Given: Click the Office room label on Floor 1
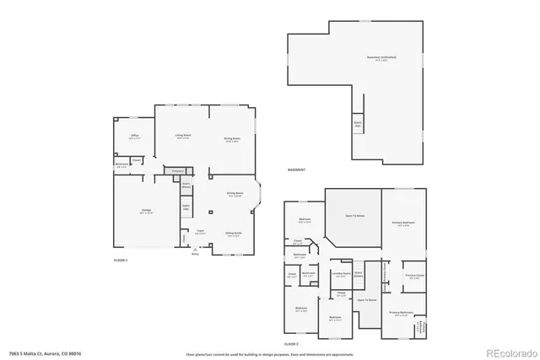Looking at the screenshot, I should (x=134, y=135).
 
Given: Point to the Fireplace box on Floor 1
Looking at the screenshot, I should (x=178, y=172).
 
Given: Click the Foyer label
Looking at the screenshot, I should (x=201, y=230).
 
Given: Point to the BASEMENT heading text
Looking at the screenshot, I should (x=296, y=169).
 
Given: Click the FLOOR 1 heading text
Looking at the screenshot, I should (x=121, y=261).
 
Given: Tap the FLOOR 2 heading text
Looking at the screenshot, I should (x=292, y=345).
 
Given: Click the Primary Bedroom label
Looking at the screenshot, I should (x=403, y=223).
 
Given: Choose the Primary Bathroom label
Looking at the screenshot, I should (x=403, y=313).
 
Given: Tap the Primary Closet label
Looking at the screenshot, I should (x=413, y=275).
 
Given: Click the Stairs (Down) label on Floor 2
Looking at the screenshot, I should (x=357, y=274).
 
